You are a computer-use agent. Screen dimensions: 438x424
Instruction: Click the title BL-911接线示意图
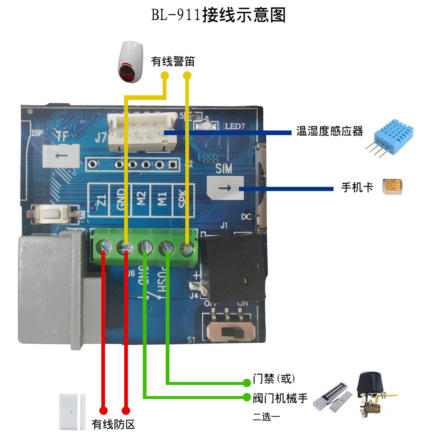click(218, 16)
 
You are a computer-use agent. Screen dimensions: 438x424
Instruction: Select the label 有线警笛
click(173, 62)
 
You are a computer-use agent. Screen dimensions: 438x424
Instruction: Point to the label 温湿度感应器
click(329, 131)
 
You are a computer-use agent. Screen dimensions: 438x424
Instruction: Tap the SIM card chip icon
click(392, 186)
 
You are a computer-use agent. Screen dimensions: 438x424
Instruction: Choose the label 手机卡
click(357, 187)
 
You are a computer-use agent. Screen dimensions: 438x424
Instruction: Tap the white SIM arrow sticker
click(225, 188)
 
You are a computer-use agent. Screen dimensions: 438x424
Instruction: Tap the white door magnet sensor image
click(73, 411)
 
